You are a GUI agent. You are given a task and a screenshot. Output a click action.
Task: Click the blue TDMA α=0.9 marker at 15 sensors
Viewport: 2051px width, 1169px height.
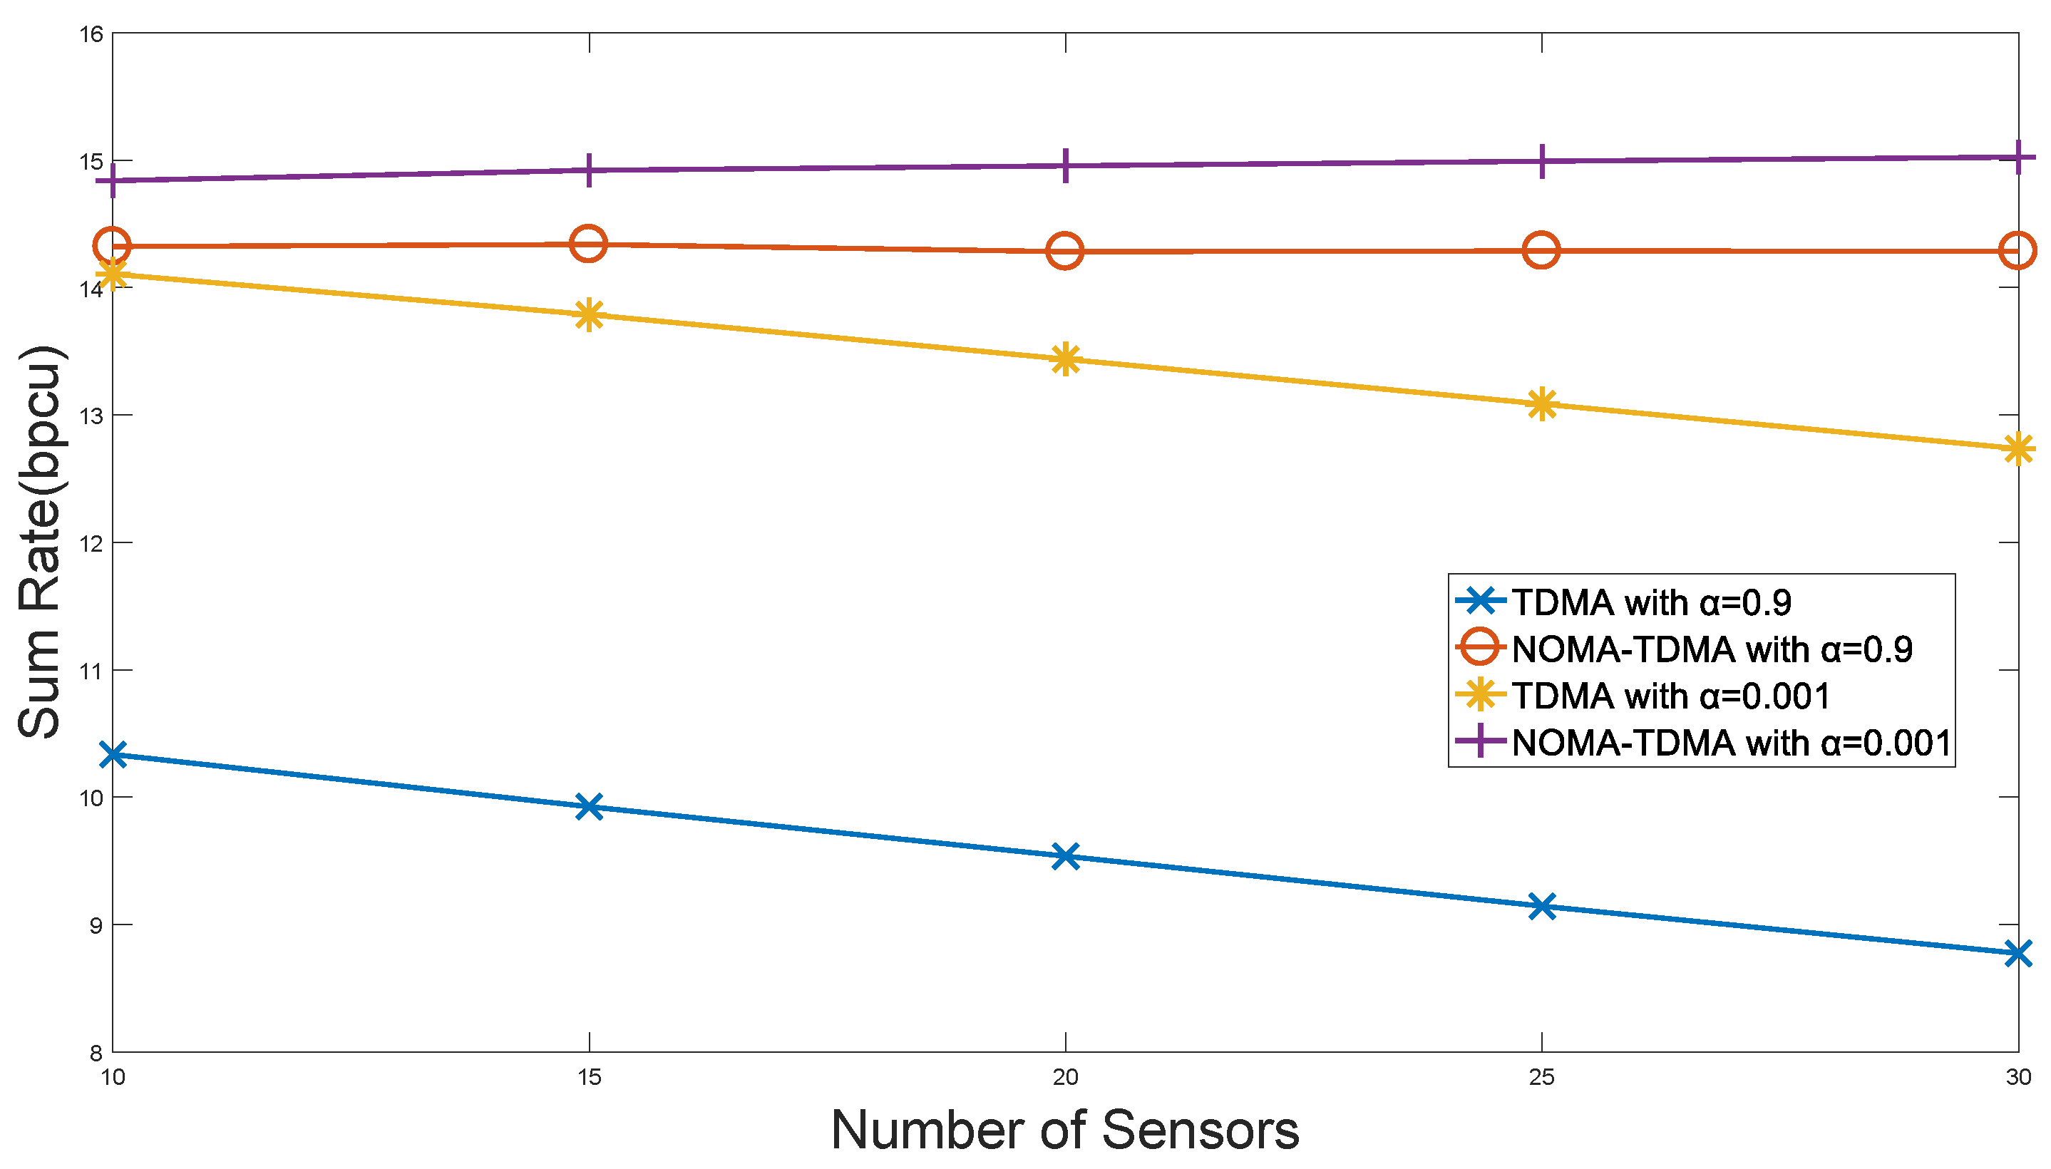point(590,806)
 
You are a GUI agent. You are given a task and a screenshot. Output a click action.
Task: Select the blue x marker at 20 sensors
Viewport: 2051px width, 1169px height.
point(1065,856)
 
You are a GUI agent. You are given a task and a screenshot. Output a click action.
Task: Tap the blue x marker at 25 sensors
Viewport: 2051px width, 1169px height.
point(1541,907)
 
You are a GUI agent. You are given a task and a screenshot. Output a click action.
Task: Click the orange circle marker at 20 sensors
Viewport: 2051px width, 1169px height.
point(1065,252)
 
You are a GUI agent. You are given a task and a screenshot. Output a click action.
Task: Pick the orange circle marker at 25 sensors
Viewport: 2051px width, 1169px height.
point(1541,250)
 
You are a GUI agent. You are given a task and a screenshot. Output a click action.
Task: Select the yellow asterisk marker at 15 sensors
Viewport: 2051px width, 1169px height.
point(590,315)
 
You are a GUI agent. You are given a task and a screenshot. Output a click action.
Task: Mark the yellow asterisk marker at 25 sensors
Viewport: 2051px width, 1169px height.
point(1541,404)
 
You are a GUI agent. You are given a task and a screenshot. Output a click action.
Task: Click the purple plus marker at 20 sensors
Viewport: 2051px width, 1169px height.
point(1065,165)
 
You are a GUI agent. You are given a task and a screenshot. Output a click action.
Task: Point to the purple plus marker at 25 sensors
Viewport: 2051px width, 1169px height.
point(1541,161)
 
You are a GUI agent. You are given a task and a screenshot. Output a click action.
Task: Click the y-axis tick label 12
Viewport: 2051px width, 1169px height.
point(91,544)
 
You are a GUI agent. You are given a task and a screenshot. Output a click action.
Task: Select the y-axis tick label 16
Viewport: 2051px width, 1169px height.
point(91,34)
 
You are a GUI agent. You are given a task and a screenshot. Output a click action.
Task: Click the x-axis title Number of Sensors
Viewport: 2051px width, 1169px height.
point(1064,1131)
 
